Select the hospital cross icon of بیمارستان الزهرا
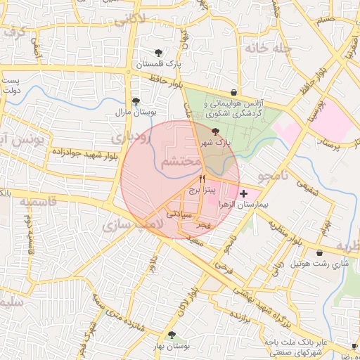tap(243, 193)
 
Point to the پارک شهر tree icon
tap(215, 131)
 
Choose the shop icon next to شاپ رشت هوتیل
tap(320, 253)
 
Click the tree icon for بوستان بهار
tap(171, 335)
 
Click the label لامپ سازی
tap(132, 224)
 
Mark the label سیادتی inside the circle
tap(179, 212)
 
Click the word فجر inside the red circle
tap(203, 225)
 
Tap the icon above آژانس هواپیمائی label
tap(233, 91)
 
